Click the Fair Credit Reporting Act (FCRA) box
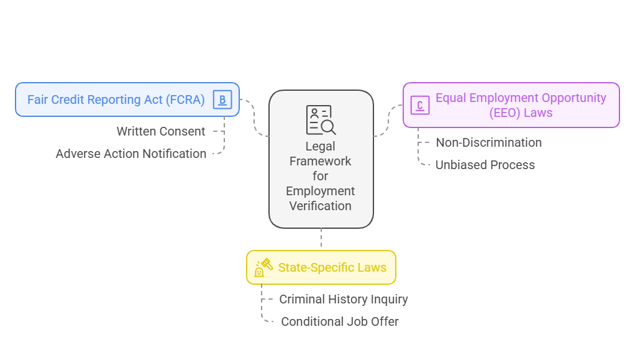[116, 99]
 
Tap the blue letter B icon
[222, 99]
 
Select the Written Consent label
[161, 131]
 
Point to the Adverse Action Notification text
[131, 154]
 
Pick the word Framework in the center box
[321, 161]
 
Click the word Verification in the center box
[321, 206]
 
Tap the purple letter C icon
[420, 105]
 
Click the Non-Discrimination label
[488, 142]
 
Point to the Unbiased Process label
[485, 165]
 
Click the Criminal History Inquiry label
[343, 299]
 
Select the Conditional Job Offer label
[339, 321]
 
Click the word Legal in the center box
[321, 146]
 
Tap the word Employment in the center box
[321, 191]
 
